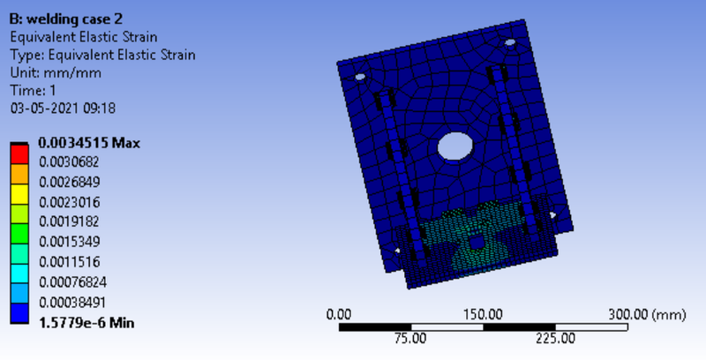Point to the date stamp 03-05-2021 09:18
click(63, 109)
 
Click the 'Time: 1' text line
click(33, 91)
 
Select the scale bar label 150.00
click(484, 314)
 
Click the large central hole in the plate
click(455, 146)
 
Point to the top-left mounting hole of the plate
click(361, 77)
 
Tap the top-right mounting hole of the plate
click(510, 42)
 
